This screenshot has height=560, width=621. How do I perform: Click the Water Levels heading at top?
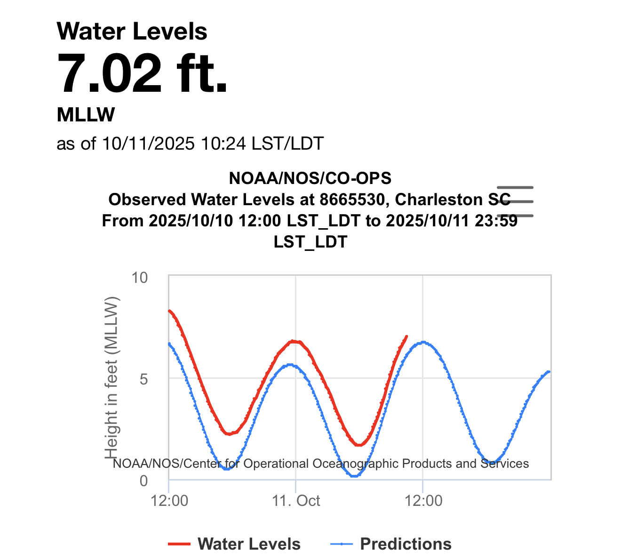tap(132, 32)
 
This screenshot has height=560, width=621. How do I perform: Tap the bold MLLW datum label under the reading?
tap(86, 114)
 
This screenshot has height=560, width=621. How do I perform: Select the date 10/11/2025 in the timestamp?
tap(148, 143)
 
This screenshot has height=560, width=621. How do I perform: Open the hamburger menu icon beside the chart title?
tap(515, 201)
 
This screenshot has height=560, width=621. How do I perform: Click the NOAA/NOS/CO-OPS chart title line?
tap(310, 178)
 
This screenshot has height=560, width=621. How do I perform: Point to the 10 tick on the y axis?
tap(139, 278)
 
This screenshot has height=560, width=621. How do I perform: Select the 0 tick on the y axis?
tap(143, 480)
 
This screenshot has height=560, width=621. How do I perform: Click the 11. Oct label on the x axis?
tap(296, 500)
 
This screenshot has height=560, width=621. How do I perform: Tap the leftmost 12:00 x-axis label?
tap(169, 500)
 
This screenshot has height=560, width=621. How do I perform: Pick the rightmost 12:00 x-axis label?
tap(423, 500)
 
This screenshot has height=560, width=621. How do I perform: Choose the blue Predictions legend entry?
tap(392, 544)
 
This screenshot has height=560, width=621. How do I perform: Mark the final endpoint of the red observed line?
tap(406, 336)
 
